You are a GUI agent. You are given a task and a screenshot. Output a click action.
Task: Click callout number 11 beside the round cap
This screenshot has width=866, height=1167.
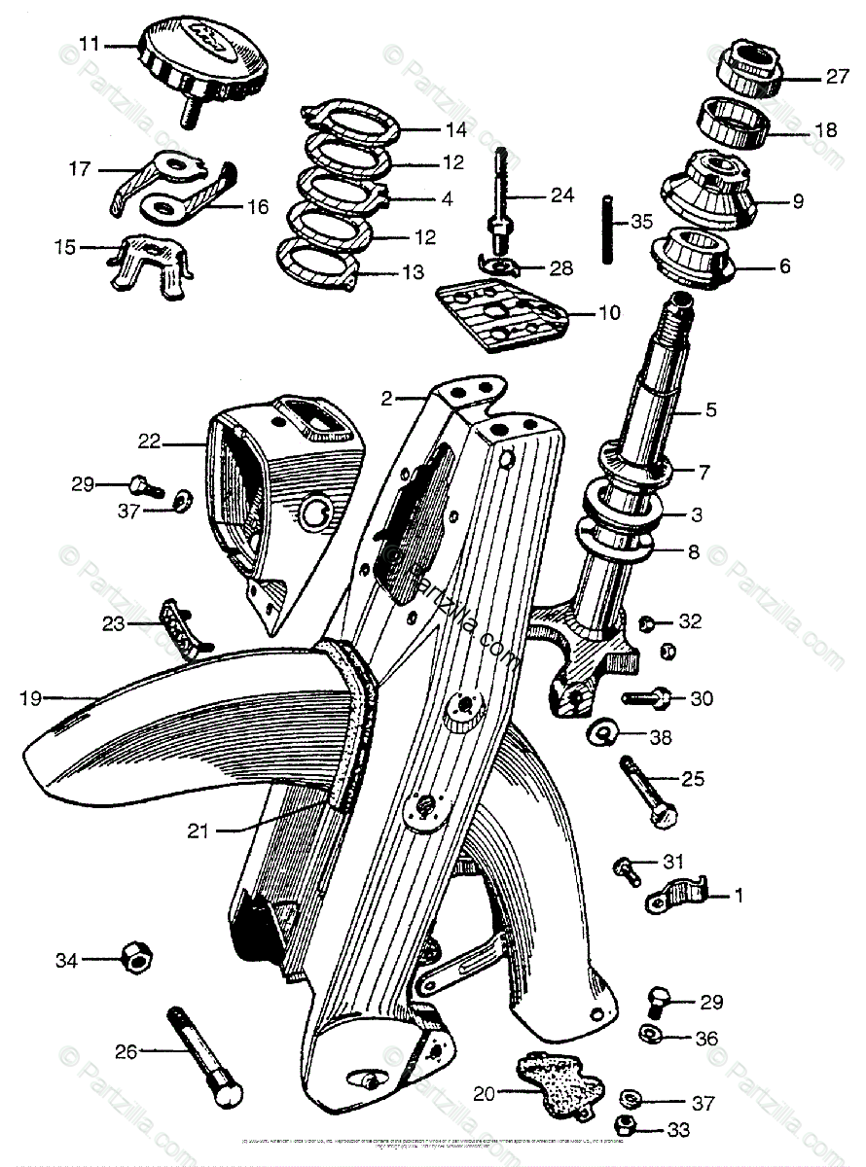coord(90,44)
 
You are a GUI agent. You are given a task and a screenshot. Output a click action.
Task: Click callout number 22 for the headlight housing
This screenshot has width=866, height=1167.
coord(149,442)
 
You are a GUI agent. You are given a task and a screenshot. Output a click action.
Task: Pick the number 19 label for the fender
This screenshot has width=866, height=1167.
coord(31,696)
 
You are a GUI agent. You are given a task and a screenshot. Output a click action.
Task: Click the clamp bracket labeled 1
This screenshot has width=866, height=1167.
coord(676,896)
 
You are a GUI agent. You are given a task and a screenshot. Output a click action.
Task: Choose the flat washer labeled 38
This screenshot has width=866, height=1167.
coord(604,729)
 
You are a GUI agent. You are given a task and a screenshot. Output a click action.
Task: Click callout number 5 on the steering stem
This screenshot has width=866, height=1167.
coord(710,409)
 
